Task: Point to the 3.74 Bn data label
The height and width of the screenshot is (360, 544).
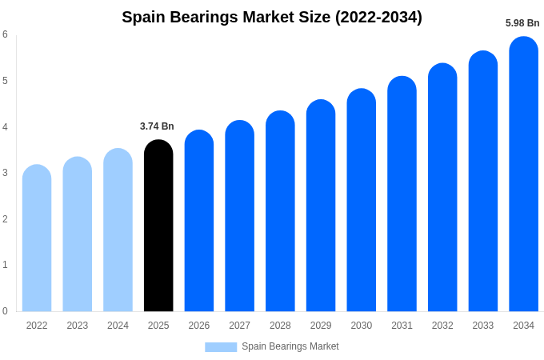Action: [157, 126]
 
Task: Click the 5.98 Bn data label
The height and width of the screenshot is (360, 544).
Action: [522, 23]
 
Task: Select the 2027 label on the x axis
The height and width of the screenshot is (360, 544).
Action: [239, 326]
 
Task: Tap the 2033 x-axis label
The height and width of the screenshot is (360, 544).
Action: [482, 326]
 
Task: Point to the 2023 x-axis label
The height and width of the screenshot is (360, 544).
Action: [78, 326]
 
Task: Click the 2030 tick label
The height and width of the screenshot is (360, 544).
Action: [361, 326]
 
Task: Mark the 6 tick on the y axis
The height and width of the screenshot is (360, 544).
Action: [5, 34]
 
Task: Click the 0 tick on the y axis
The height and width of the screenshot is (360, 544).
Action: [5, 311]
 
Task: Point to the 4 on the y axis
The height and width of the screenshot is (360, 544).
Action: [5, 127]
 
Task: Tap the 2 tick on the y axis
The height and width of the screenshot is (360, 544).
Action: [5, 219]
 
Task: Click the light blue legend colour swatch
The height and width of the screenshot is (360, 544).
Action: [221, 347]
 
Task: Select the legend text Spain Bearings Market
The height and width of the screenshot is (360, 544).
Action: [290, 346]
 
